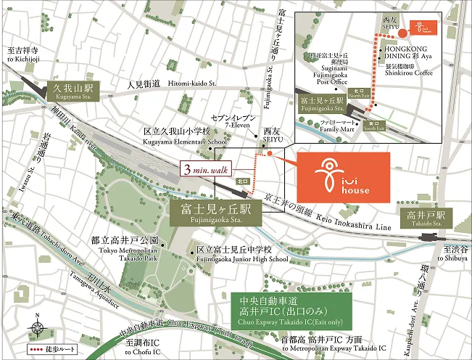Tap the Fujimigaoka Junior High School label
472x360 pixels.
235,253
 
